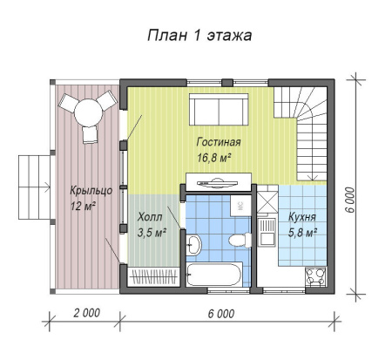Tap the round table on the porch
click(x=87, y=112)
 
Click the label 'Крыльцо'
click(x=91, y=190)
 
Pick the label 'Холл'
click(x=151, y=218)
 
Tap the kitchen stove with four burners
click(x=314, y=277)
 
